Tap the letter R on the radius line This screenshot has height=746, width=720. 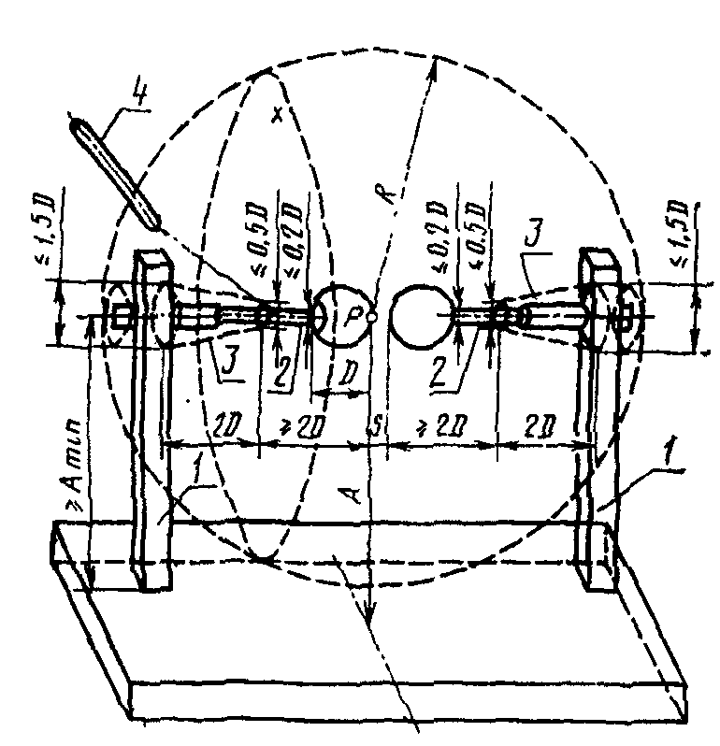pyautogui.click(x=391, y=184)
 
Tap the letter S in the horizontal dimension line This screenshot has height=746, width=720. pyautogui.click(x=375, y=429)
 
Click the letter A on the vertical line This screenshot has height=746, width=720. pyautogui.click(x=353, y=493)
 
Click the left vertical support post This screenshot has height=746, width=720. pyautogui.click(x=150, y=421)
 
